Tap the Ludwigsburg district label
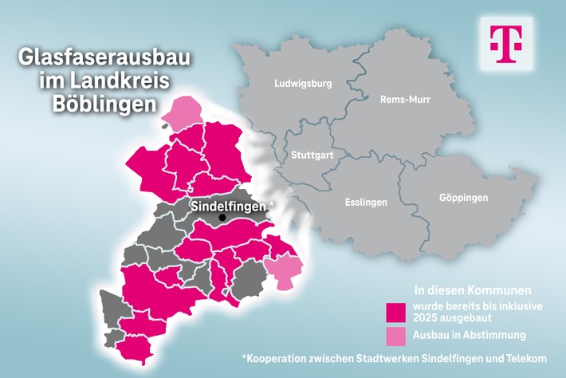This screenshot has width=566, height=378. coord(302,83)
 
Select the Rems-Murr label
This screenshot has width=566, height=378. coord(404,100)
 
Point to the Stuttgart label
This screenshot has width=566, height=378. coord(312,154)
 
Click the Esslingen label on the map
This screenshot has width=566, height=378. coord(366,202)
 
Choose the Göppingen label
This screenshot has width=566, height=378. coord(463,197)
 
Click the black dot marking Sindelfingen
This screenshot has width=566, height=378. coord(222,218)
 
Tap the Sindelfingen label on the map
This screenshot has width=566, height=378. coord(228,205)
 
